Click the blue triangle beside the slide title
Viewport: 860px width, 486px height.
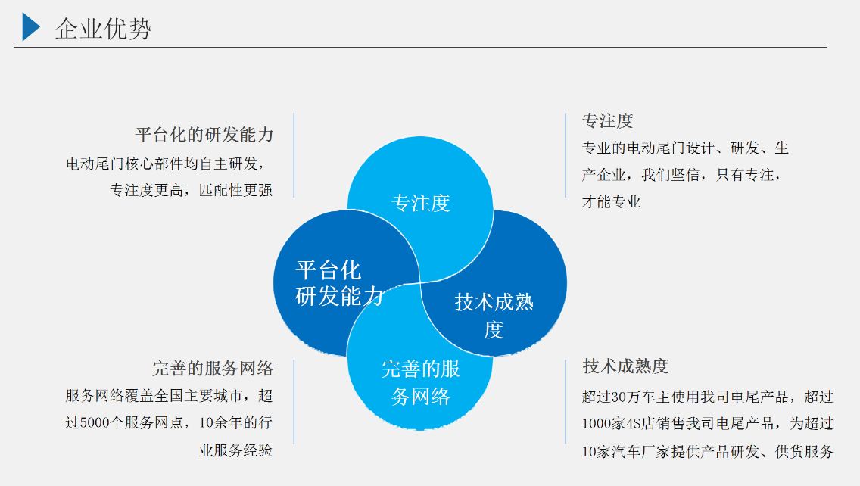(x=30, y=27)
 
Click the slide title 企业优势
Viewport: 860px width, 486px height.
(x=103, y=29)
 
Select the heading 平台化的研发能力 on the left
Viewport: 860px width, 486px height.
(x=204, y=135)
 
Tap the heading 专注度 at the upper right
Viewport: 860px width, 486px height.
(x=608, y=120)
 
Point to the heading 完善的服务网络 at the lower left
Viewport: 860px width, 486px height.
(x=213, y=368)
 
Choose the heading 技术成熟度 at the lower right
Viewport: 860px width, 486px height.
(x=625, y=366)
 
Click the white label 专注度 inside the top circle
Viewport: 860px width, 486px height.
(x=421, y=203)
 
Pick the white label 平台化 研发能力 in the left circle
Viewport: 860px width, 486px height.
(x=339, y=283)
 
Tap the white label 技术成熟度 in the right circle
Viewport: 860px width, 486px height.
(x=494, y=316)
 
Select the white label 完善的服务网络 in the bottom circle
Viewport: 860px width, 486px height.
(x=421, y=382)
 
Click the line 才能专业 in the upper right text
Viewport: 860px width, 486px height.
(x=611, y=202)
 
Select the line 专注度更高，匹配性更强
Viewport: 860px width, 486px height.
(x=192, y=190)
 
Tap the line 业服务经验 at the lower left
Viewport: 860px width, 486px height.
(x=236, y=450)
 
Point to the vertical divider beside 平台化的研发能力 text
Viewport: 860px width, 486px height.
(x=294, y=155)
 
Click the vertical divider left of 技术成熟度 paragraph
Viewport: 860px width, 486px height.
(x=566, y=401)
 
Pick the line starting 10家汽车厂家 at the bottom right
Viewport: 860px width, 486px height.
(x=708, y=451)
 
